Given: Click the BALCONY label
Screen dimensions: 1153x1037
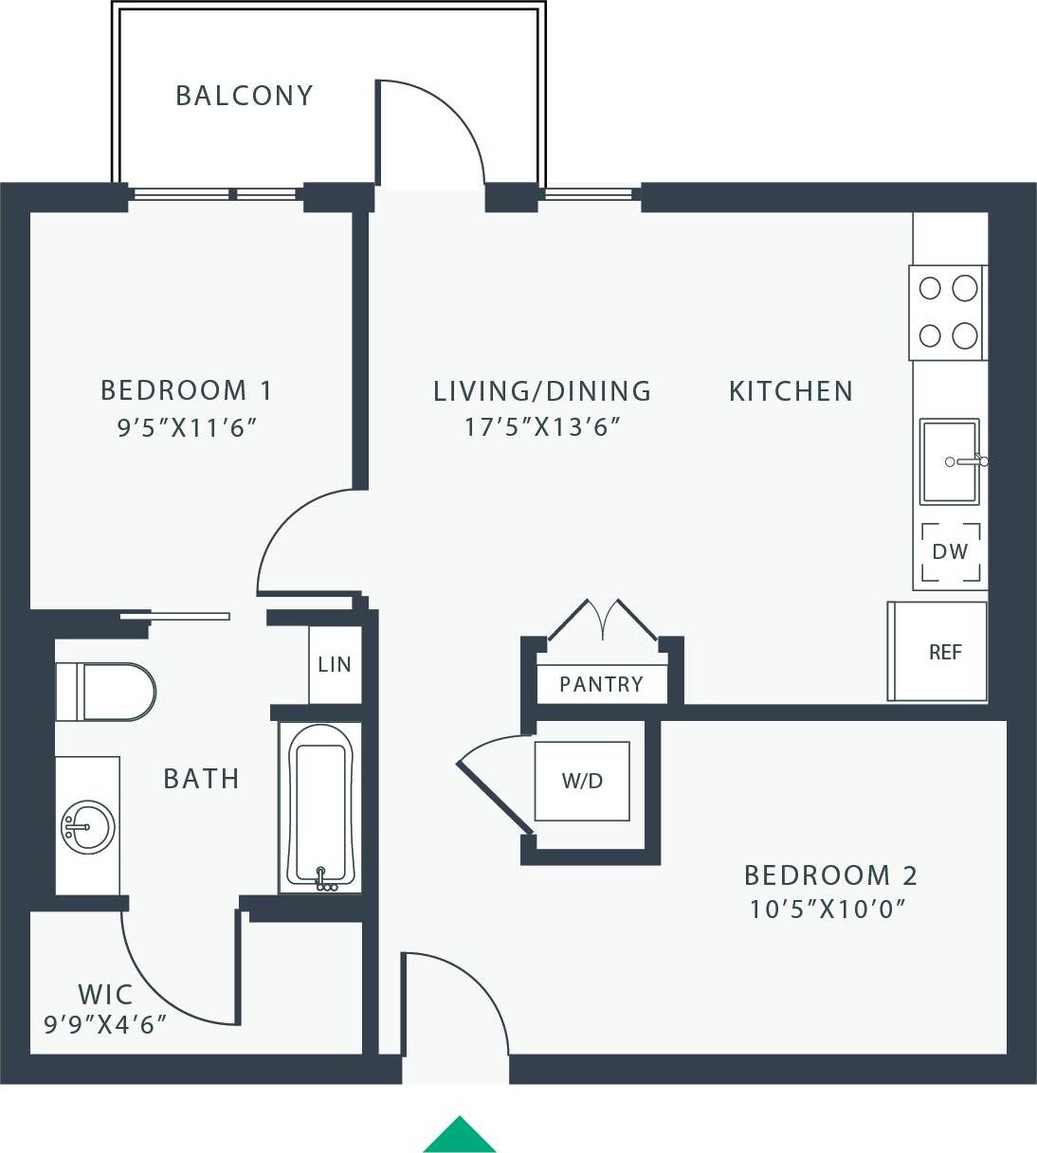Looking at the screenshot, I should point(245,96).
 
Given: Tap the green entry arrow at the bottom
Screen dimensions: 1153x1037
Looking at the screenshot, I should point(460,1136).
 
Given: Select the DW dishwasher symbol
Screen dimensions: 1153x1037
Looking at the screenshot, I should point(950,551).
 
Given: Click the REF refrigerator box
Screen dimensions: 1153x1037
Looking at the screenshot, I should point(944,652).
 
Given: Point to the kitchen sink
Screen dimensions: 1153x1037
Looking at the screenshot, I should point(950,461).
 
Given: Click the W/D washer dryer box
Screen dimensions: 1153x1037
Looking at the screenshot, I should point(582,781).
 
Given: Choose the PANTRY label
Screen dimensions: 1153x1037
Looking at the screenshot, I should point(601,684).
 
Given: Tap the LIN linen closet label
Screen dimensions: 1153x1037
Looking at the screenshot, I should point(335,665).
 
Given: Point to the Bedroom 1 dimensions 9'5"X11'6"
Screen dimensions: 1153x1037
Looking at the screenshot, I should point(187,428).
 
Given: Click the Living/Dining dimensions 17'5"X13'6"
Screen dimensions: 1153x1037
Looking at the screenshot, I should point(541,427).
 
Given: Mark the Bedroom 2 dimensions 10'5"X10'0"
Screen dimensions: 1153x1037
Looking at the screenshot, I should point(828,910).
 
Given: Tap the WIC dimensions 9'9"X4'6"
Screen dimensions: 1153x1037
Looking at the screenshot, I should point(105,1024).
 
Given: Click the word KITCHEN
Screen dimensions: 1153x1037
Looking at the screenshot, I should point(791,391).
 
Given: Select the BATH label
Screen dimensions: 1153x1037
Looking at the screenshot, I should point(201,779).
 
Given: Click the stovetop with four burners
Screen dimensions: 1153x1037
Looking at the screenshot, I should point(947,312).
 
